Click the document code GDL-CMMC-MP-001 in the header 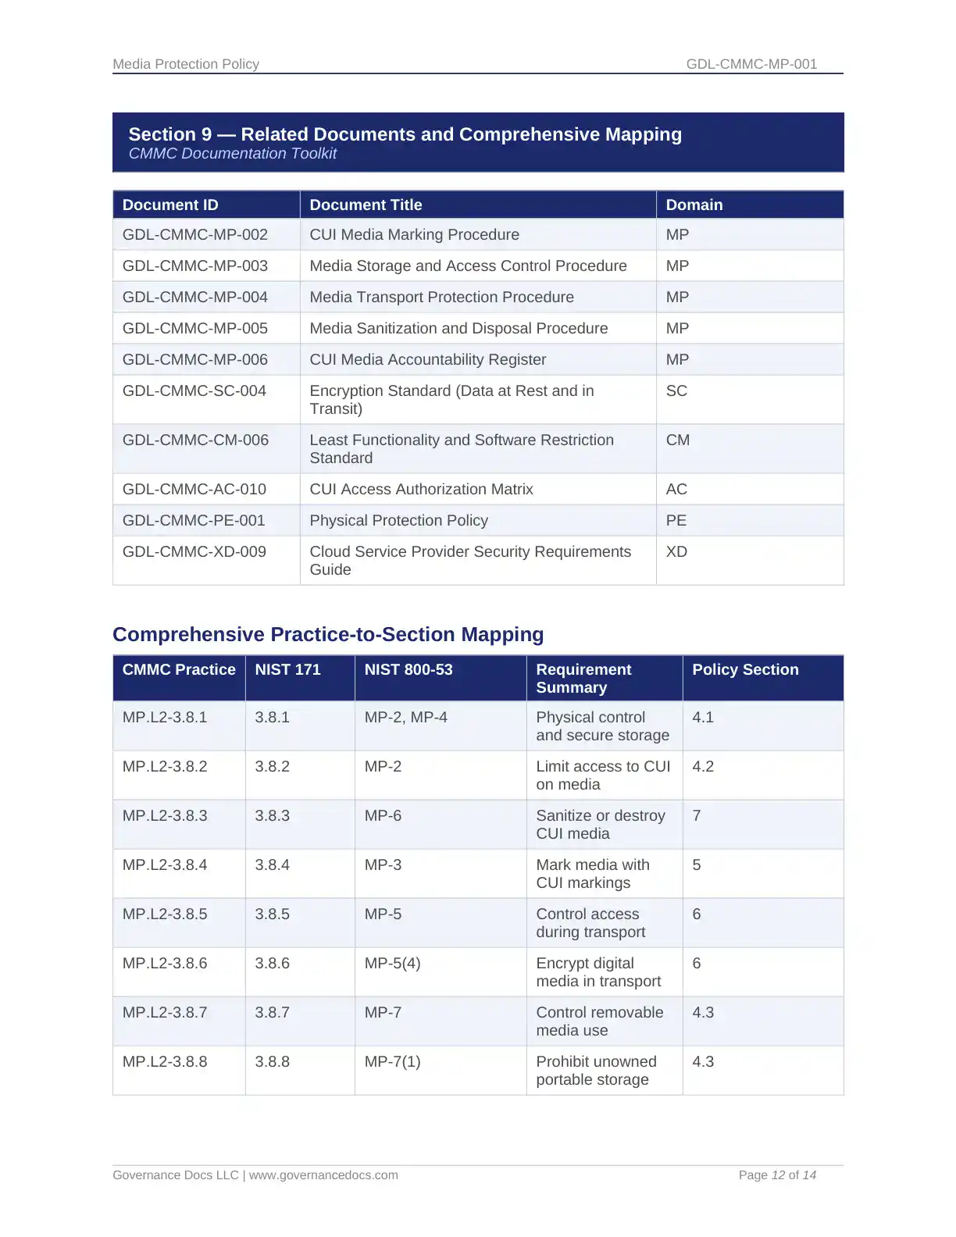tap(751, 64)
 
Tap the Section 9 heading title tap(405, 134)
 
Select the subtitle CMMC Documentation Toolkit tap(233, 154)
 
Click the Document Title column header tap(366, 205)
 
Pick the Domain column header tap(694, 205)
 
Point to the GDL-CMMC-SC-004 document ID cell tap(194, 390)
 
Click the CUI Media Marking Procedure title tap(414, 234)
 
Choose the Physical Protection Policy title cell tap(398, 520)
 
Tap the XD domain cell tap(676, 551)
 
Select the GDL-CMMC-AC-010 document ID tap(194, 489)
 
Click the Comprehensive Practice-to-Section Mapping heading tap(328, 634)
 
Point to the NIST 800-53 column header tap(408, 669)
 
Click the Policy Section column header tap(745, 669)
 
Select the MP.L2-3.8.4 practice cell tap(165, 864)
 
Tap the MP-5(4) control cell tap(392, 963)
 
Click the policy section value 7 tap(697, 815)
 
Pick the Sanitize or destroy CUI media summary tap(600, 824)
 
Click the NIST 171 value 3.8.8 tap(272, 1061)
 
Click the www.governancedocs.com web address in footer tap(323, 1175)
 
